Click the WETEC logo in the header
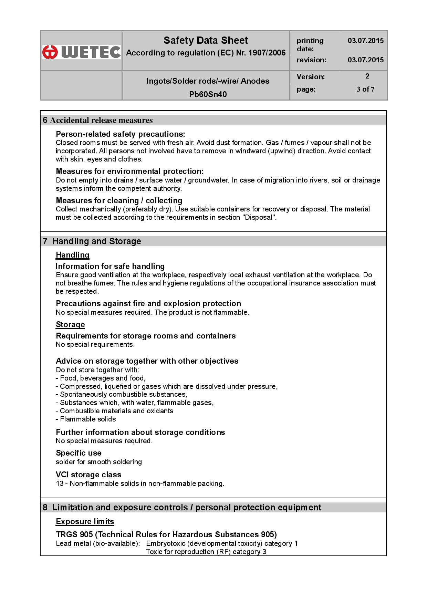tap(82, 52)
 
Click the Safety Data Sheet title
tap(206, 40)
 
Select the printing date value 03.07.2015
tap(365, 41)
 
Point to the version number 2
tap(367, 76)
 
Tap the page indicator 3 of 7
tap(365, 89)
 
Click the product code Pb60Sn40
tap(208, 94)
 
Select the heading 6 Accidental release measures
tap(98, 120)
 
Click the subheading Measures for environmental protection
tap(130, 171)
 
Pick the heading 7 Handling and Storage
tap(92, 241)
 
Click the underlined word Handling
tap(73, 255)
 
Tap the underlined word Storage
tap(70, 324)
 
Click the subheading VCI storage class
tap(88, 475)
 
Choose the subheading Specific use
tap(79, 453)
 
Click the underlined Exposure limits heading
tap(85, 521)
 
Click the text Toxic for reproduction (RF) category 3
tap(206, 552)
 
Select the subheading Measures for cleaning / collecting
tap(119, 200)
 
